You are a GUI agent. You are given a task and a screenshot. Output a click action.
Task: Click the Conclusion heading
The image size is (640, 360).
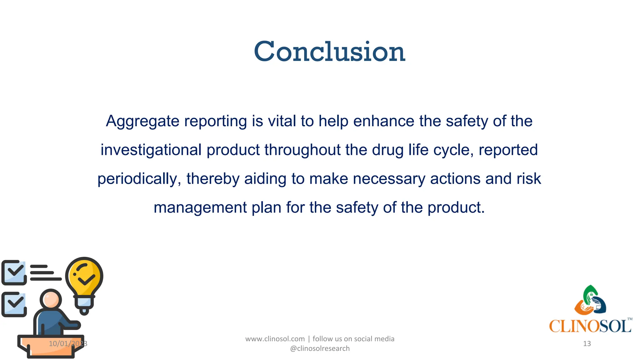point(329,52)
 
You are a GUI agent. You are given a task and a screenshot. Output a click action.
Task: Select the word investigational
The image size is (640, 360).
point(151,150)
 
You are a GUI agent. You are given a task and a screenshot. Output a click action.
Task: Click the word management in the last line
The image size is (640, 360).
point(200,207)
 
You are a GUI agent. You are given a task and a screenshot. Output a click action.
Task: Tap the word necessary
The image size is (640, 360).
point(389,179)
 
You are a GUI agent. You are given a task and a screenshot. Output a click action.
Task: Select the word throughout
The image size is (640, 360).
point(302,150)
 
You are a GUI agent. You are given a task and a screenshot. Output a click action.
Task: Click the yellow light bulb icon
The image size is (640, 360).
point(84,281)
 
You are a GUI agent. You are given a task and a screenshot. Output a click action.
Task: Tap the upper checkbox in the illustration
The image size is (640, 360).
point(14,272)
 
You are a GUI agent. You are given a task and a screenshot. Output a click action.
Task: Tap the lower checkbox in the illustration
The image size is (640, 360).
point(14,304)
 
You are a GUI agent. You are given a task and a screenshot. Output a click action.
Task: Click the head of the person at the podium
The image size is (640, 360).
point(51,299)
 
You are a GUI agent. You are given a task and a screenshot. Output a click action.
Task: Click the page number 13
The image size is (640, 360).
point(587,344)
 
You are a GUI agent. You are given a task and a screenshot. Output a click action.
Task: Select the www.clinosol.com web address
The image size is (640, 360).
point(275,339)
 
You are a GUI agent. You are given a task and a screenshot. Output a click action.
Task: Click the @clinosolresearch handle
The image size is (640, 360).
point(320,348)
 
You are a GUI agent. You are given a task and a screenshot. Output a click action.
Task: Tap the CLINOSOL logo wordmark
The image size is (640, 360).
point(590,326)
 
